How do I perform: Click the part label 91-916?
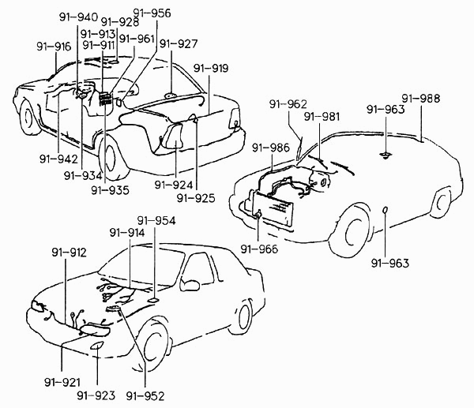[54, 47]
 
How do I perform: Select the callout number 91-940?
[78, 17]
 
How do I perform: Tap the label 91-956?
[152, 13]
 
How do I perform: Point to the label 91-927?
[179, 43]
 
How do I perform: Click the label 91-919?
[211, 68]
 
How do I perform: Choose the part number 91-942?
[58, 159]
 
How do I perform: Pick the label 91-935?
[110, 190]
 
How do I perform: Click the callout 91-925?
[196, 198]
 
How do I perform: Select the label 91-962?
[288, 104]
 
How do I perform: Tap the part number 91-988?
[421, 99]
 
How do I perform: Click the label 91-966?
[259, 249]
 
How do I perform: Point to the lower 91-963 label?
[390, 264]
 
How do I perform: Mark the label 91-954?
[156, 221]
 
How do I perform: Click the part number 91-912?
[69, 253]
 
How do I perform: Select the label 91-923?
[96, 395]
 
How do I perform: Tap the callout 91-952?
[145, 396]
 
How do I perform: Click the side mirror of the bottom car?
[190, 285]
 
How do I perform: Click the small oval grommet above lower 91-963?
[386, 210]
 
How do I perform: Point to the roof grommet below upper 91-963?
[386, 155]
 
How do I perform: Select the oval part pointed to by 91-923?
[97, 346]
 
